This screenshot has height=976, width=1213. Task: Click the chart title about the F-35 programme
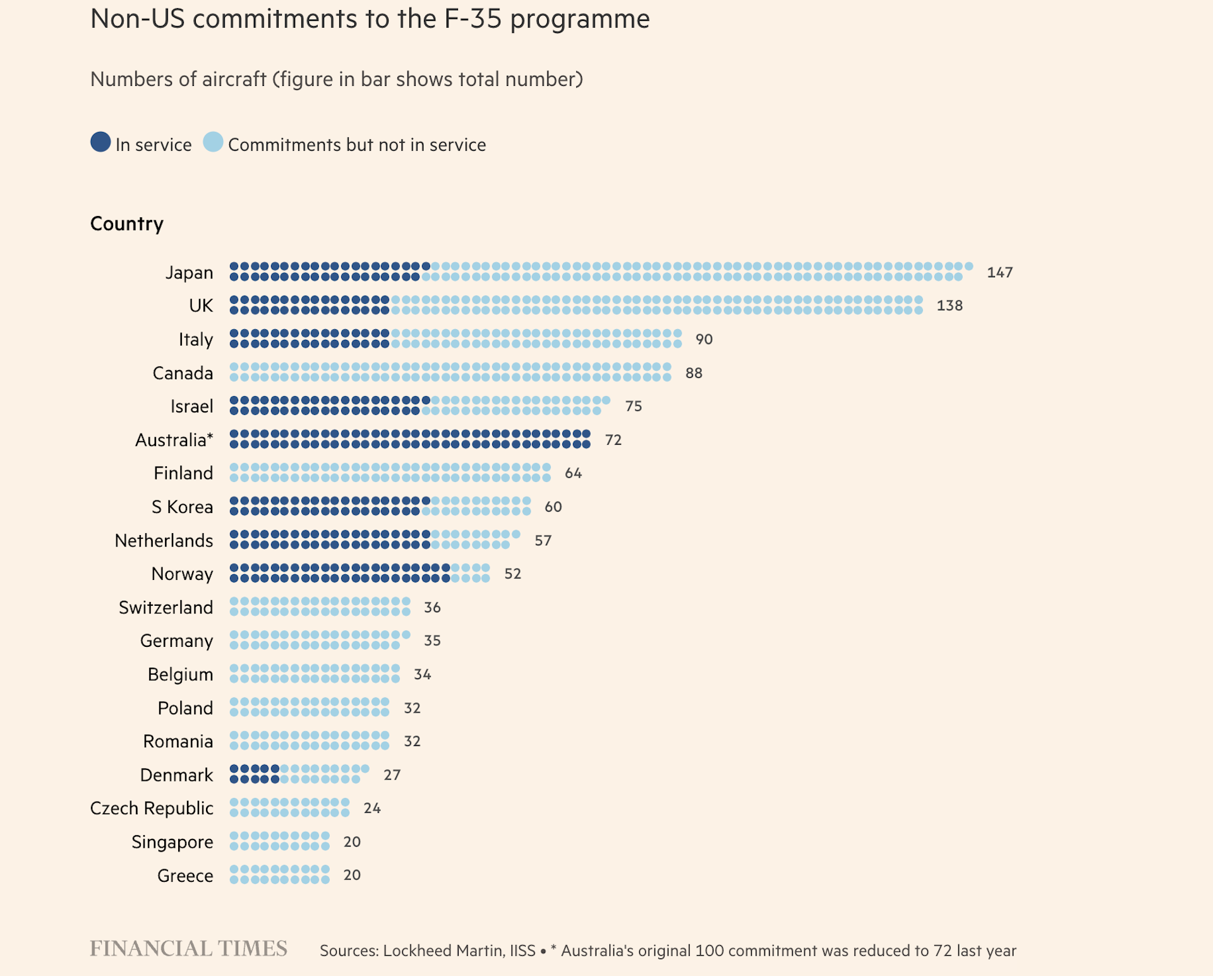(370, 19)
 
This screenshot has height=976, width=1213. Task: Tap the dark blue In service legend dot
(100, 142)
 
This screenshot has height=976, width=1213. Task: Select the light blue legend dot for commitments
(214, 142)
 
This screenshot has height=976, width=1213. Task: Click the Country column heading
(127, 224)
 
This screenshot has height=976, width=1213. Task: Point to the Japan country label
(189, 272)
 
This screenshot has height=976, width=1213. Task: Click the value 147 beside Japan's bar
(999, 272)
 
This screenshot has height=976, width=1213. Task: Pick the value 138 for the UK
(949, 306)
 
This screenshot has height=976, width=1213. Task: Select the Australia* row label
(174, 440)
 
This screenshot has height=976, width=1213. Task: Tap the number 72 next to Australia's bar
(613, 440)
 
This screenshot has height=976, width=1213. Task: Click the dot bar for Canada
(450, 372)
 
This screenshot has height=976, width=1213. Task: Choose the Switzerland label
(166, 607)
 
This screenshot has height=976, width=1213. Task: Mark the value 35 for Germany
(432, 641)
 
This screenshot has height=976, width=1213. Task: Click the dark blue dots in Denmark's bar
(254, 774)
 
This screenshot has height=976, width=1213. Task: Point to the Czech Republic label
(152, 808)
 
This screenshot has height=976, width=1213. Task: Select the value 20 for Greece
(352, 875)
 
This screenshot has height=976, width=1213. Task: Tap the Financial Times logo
(188, 949)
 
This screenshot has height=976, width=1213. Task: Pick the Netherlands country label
(164, 541)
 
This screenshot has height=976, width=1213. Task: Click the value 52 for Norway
(512, 574)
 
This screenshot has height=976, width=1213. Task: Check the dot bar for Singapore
(279, 841)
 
